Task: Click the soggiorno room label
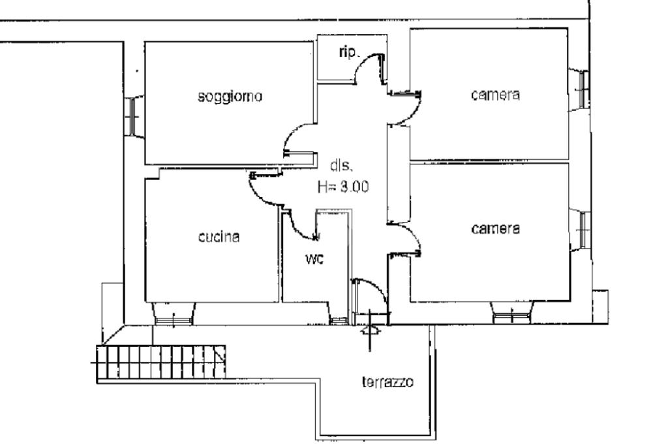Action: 230,97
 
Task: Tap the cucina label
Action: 219,236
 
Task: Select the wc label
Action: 314,258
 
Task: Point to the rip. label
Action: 350,52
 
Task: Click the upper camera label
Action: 496,94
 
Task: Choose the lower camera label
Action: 496,229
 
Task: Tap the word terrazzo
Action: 387,382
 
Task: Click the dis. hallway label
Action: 341,166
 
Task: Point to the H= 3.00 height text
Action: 343,186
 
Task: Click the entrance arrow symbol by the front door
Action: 369,330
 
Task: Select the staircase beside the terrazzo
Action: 161,362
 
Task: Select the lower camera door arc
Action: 411,232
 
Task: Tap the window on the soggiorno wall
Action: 132,115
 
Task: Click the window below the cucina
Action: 174,320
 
